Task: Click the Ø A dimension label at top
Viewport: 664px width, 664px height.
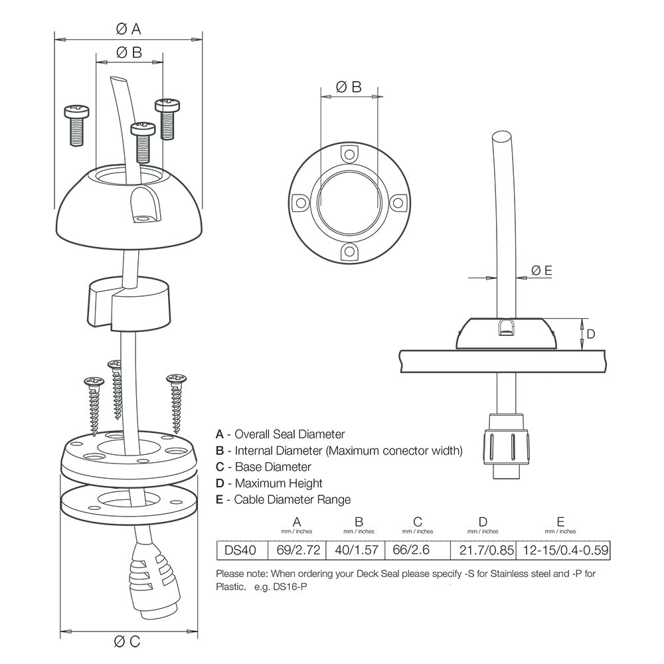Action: click(x=128, y=29)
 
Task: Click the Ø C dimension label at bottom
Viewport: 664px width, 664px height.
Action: click(x=127, y=641)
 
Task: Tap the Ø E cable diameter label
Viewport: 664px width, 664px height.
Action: click(x=542, y=270)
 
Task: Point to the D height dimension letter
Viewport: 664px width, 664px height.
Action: click(x=591, y=333)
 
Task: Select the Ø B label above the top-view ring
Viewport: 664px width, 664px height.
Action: click(x=349, y=86)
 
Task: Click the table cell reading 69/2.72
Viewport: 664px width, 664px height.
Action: click(x=297, y=549)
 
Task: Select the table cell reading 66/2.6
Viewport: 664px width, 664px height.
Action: click(x=417, y=549)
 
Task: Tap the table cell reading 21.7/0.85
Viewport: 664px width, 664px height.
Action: click(x=482, y=549)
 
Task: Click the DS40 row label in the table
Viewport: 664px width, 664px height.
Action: click(x=242, y=549)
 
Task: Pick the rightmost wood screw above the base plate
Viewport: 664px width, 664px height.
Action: click(x=177, y=402)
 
